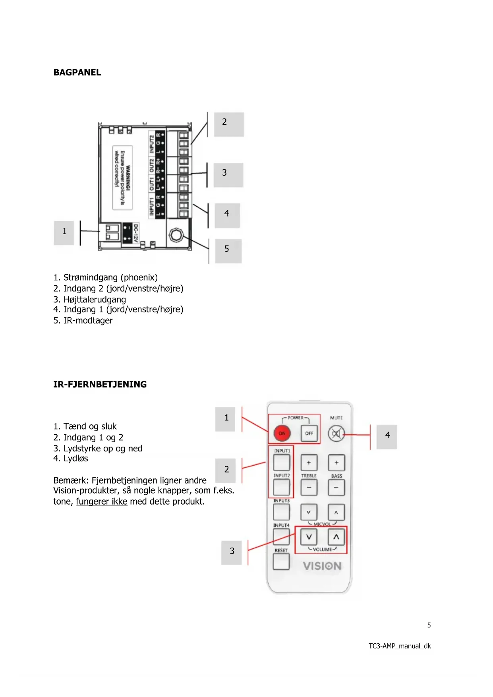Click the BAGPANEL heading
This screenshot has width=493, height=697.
77,72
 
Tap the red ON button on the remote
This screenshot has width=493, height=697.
282,433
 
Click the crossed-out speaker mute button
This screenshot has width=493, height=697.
336,434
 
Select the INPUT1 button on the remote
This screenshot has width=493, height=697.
282,463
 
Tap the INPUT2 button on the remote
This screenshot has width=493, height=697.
282,487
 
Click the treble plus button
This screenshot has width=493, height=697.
309,463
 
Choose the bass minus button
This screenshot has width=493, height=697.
336,488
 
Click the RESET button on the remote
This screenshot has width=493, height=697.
281,561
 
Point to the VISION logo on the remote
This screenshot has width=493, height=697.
322,566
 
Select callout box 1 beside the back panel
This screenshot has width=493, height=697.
64,233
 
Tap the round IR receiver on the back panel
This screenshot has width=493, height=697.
176,235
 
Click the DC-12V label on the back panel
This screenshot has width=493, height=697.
135,233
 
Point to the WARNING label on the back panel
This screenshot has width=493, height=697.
122,177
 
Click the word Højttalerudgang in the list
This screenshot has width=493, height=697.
95,300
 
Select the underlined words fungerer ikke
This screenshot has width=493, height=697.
102,501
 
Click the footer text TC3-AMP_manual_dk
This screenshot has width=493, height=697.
399,646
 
